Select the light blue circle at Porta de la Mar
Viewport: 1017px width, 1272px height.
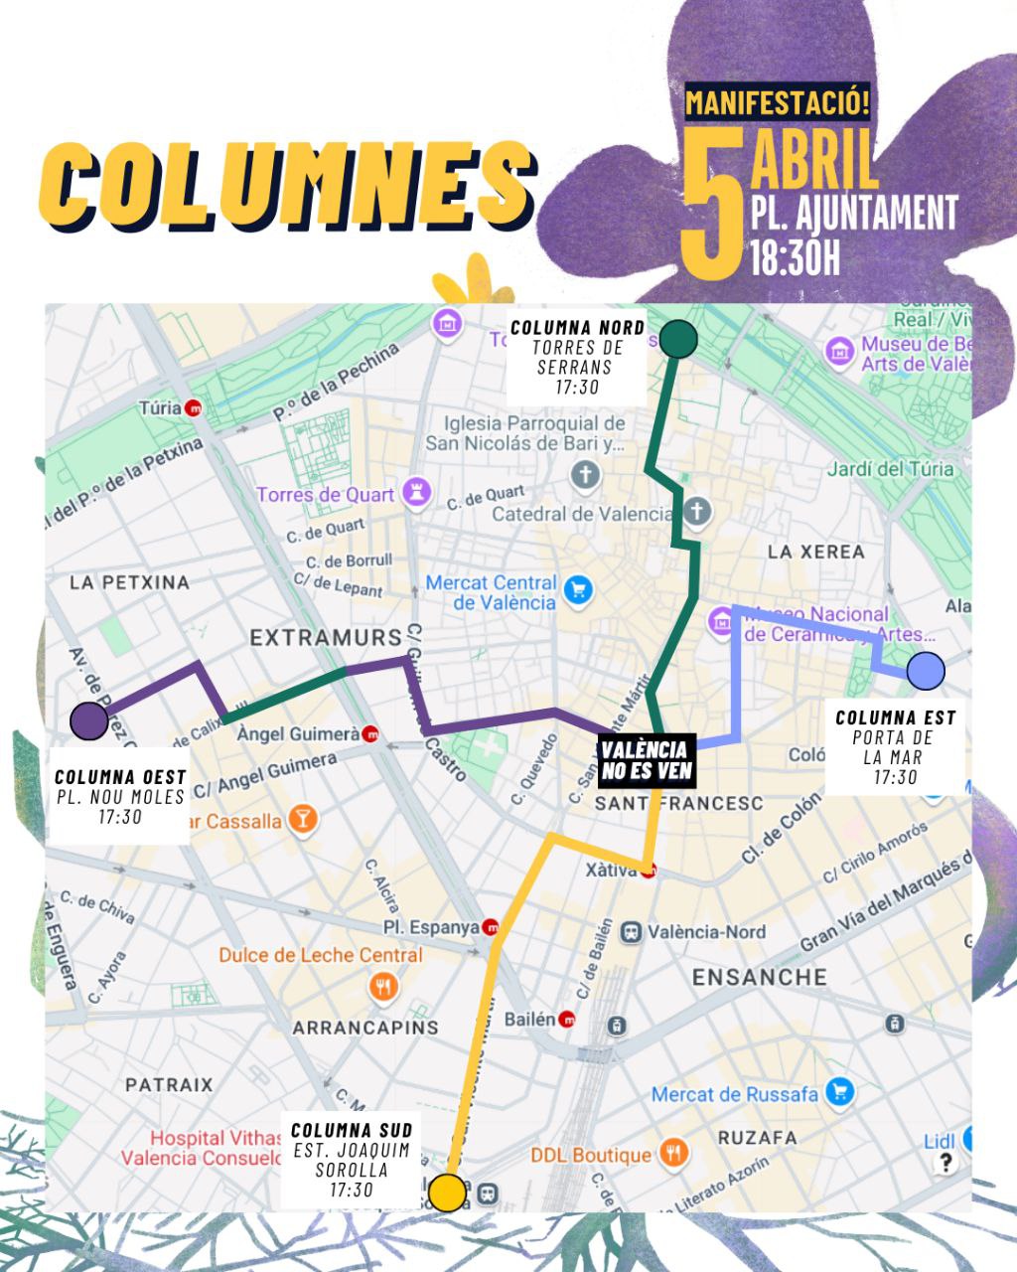click(x=926, y=672)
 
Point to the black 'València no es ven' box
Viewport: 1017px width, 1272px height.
click(x=645, y=760)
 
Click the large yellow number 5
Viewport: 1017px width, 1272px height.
click(x=712, y=204)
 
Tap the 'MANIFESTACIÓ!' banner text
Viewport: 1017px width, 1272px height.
click(x=778, y=101)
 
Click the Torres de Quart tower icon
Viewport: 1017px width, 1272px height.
click(x=417, y=493)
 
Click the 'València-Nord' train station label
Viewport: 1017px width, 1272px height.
click(x=706, y=932)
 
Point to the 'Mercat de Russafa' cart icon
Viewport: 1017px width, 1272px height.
click(x=840, y=1093)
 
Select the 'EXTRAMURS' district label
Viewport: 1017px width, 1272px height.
click(x=326, y=637)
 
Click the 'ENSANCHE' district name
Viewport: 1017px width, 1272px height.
click(x=760, y=977)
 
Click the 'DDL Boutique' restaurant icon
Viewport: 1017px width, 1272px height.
click(x=673, y=1154)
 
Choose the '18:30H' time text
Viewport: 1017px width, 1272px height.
click(x=796, y=256)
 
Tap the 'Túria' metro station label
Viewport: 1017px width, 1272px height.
click(x=161, y=407)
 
